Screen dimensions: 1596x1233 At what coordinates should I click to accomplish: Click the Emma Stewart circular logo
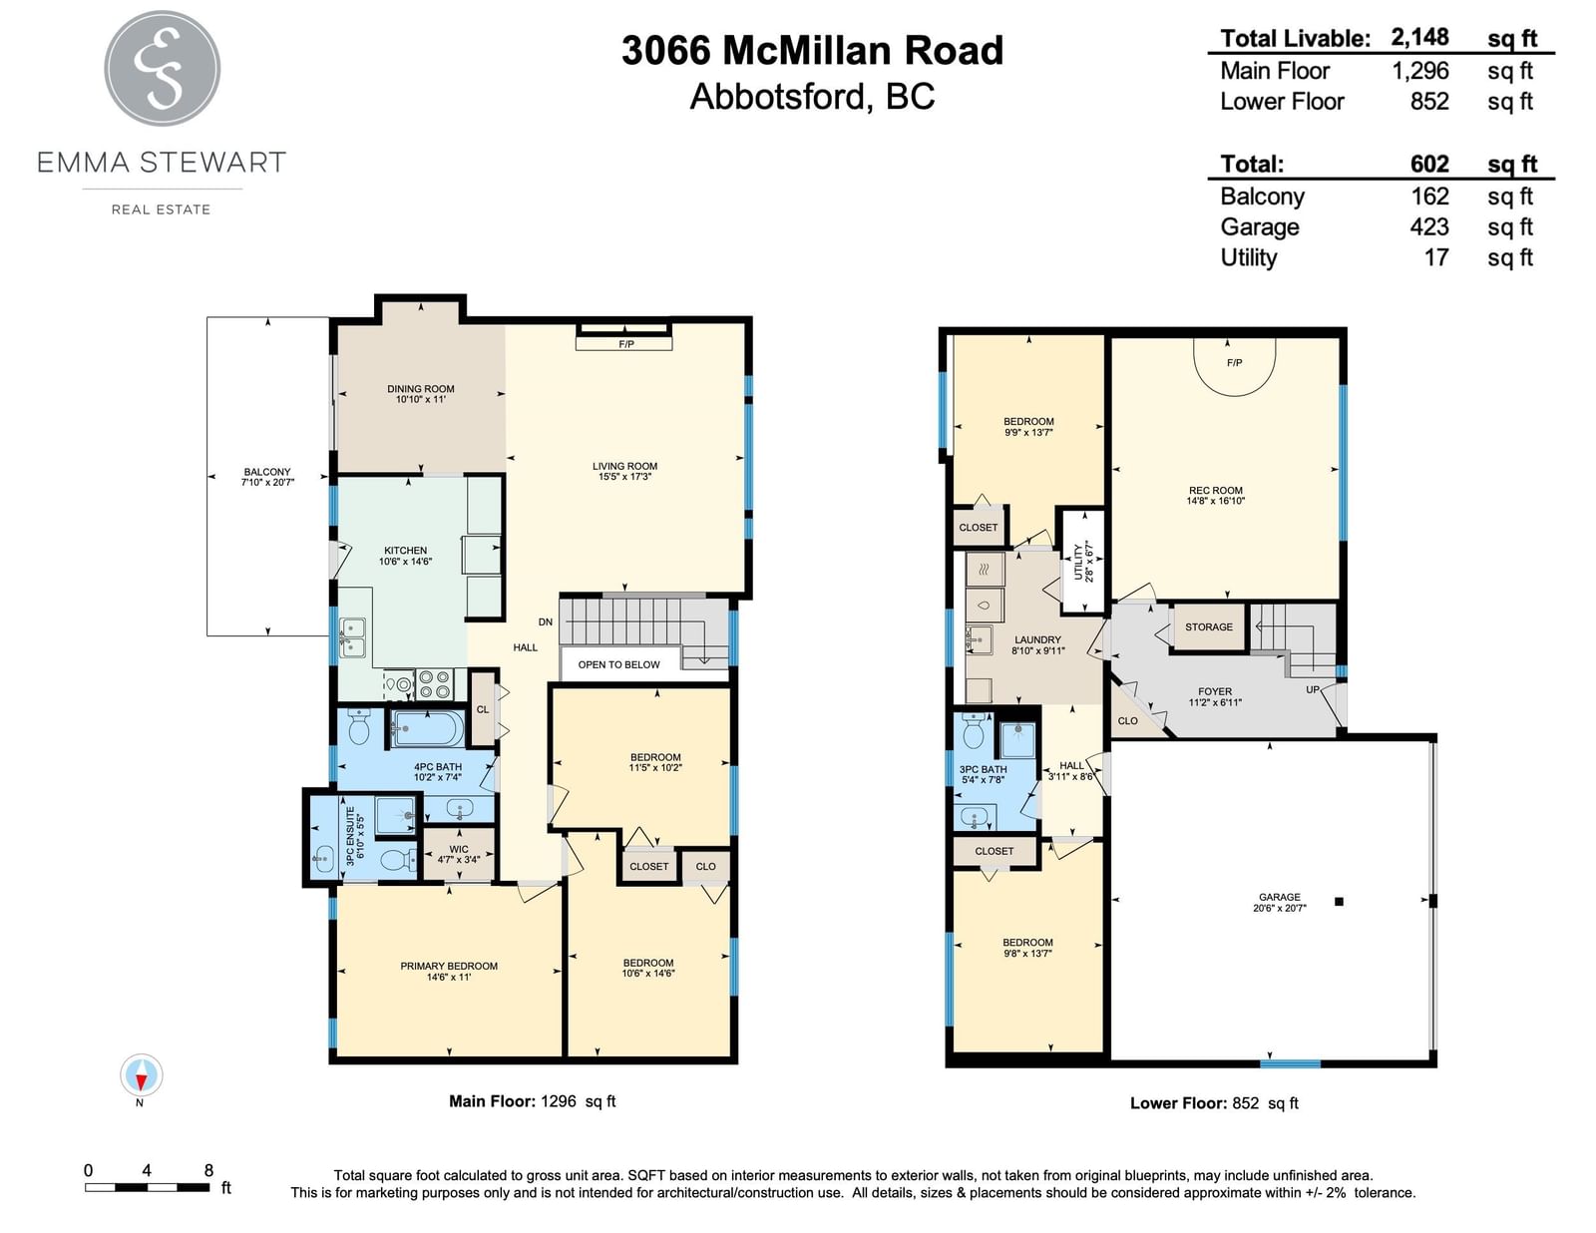[162, 68]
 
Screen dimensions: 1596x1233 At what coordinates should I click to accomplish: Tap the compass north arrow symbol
[141, 1076]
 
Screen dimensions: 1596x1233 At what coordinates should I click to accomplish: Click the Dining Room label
[421, 394]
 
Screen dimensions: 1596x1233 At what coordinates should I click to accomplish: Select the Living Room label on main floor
[625, 471]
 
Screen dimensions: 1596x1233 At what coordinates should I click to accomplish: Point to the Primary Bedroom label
[449, 971]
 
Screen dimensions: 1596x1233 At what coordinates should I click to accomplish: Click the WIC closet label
[459, 854]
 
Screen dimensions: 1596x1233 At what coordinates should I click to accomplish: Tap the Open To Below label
[619, 664]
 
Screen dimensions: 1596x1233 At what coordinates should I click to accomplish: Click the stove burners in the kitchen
[433, 684]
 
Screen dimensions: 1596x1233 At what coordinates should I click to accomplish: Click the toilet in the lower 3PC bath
[974, 730]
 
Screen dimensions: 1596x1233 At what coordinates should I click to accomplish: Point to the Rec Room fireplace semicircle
[1234, 367]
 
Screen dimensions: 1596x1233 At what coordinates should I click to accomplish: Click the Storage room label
[1209, 626]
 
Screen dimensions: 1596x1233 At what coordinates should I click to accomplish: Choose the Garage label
[1280, 902]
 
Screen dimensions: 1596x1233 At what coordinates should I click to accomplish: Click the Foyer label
[1215, 696]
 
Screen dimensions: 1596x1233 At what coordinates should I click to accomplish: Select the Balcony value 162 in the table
[1429, 197]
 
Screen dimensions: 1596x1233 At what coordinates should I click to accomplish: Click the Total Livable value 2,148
[1419, 37]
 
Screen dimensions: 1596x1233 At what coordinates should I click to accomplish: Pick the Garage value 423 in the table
[1429, 226]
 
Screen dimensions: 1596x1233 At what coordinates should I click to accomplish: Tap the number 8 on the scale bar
[208, 1170]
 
